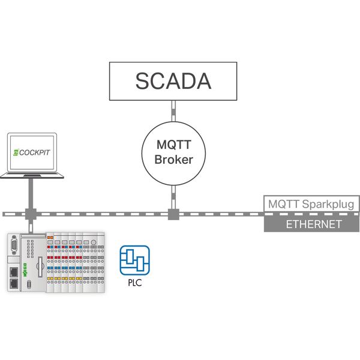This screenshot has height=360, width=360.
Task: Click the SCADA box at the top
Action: [173, 81]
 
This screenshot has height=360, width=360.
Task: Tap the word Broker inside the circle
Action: [173, 160]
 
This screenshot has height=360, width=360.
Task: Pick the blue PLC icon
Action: [134, 260]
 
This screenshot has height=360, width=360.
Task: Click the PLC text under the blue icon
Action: [134, 282]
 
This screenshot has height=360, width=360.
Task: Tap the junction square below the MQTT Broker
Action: [173, 214]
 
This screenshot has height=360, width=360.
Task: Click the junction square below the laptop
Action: [30, 214]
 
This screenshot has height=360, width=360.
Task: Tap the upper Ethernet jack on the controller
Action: [14, 271]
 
